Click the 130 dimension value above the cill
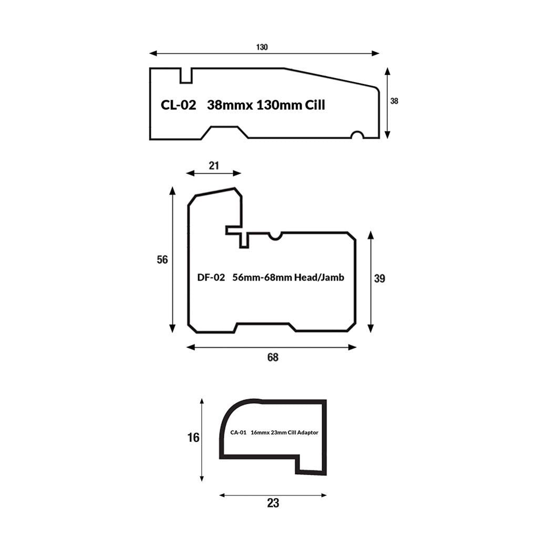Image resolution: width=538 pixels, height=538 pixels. coord(262,47)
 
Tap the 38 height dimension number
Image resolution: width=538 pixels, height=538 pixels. coord(394,101)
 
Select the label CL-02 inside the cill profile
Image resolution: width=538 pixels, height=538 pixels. coord(179,105)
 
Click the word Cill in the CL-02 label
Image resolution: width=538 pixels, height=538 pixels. coord(315,105)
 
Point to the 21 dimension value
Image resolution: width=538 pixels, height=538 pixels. coord(214,165)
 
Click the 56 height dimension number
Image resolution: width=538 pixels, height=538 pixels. coord(162,260)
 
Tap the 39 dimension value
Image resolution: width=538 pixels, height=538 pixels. coord(379,278)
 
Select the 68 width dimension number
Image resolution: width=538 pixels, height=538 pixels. coord(273,357)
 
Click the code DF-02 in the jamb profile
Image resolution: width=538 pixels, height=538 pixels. coord(211,277)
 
